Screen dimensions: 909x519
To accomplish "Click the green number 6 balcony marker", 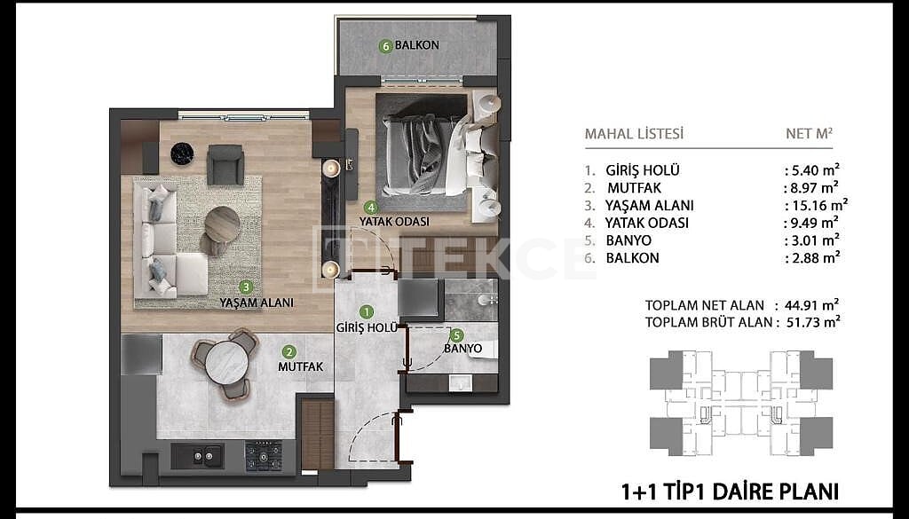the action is click(386, 46).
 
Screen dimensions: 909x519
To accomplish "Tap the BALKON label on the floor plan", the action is click(417, 44).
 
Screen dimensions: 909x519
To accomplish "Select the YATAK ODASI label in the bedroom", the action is click(394, 222).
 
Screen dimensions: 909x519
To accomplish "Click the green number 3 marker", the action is click(247, 287).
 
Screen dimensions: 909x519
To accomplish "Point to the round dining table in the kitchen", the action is click(226, 363).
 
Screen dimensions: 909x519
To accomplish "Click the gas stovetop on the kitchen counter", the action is click(263, 455).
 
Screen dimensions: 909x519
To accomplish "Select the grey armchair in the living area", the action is click(225, 164).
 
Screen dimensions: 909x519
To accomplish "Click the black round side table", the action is click(182, 153).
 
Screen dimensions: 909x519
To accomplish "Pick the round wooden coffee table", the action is click(223, 224).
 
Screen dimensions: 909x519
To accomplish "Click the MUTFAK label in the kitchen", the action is click(300, 366).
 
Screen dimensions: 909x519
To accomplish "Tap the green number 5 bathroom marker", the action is click(457, 334).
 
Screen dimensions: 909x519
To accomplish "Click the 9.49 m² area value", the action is click(811, 223).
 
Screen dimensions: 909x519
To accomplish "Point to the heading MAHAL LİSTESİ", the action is click(634, 134).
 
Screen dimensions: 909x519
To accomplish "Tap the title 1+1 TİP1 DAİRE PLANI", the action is click(730, 491).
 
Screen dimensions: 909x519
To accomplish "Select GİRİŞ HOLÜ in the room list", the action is click(643, 171).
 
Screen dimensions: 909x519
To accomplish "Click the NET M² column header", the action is click(810, 133).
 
